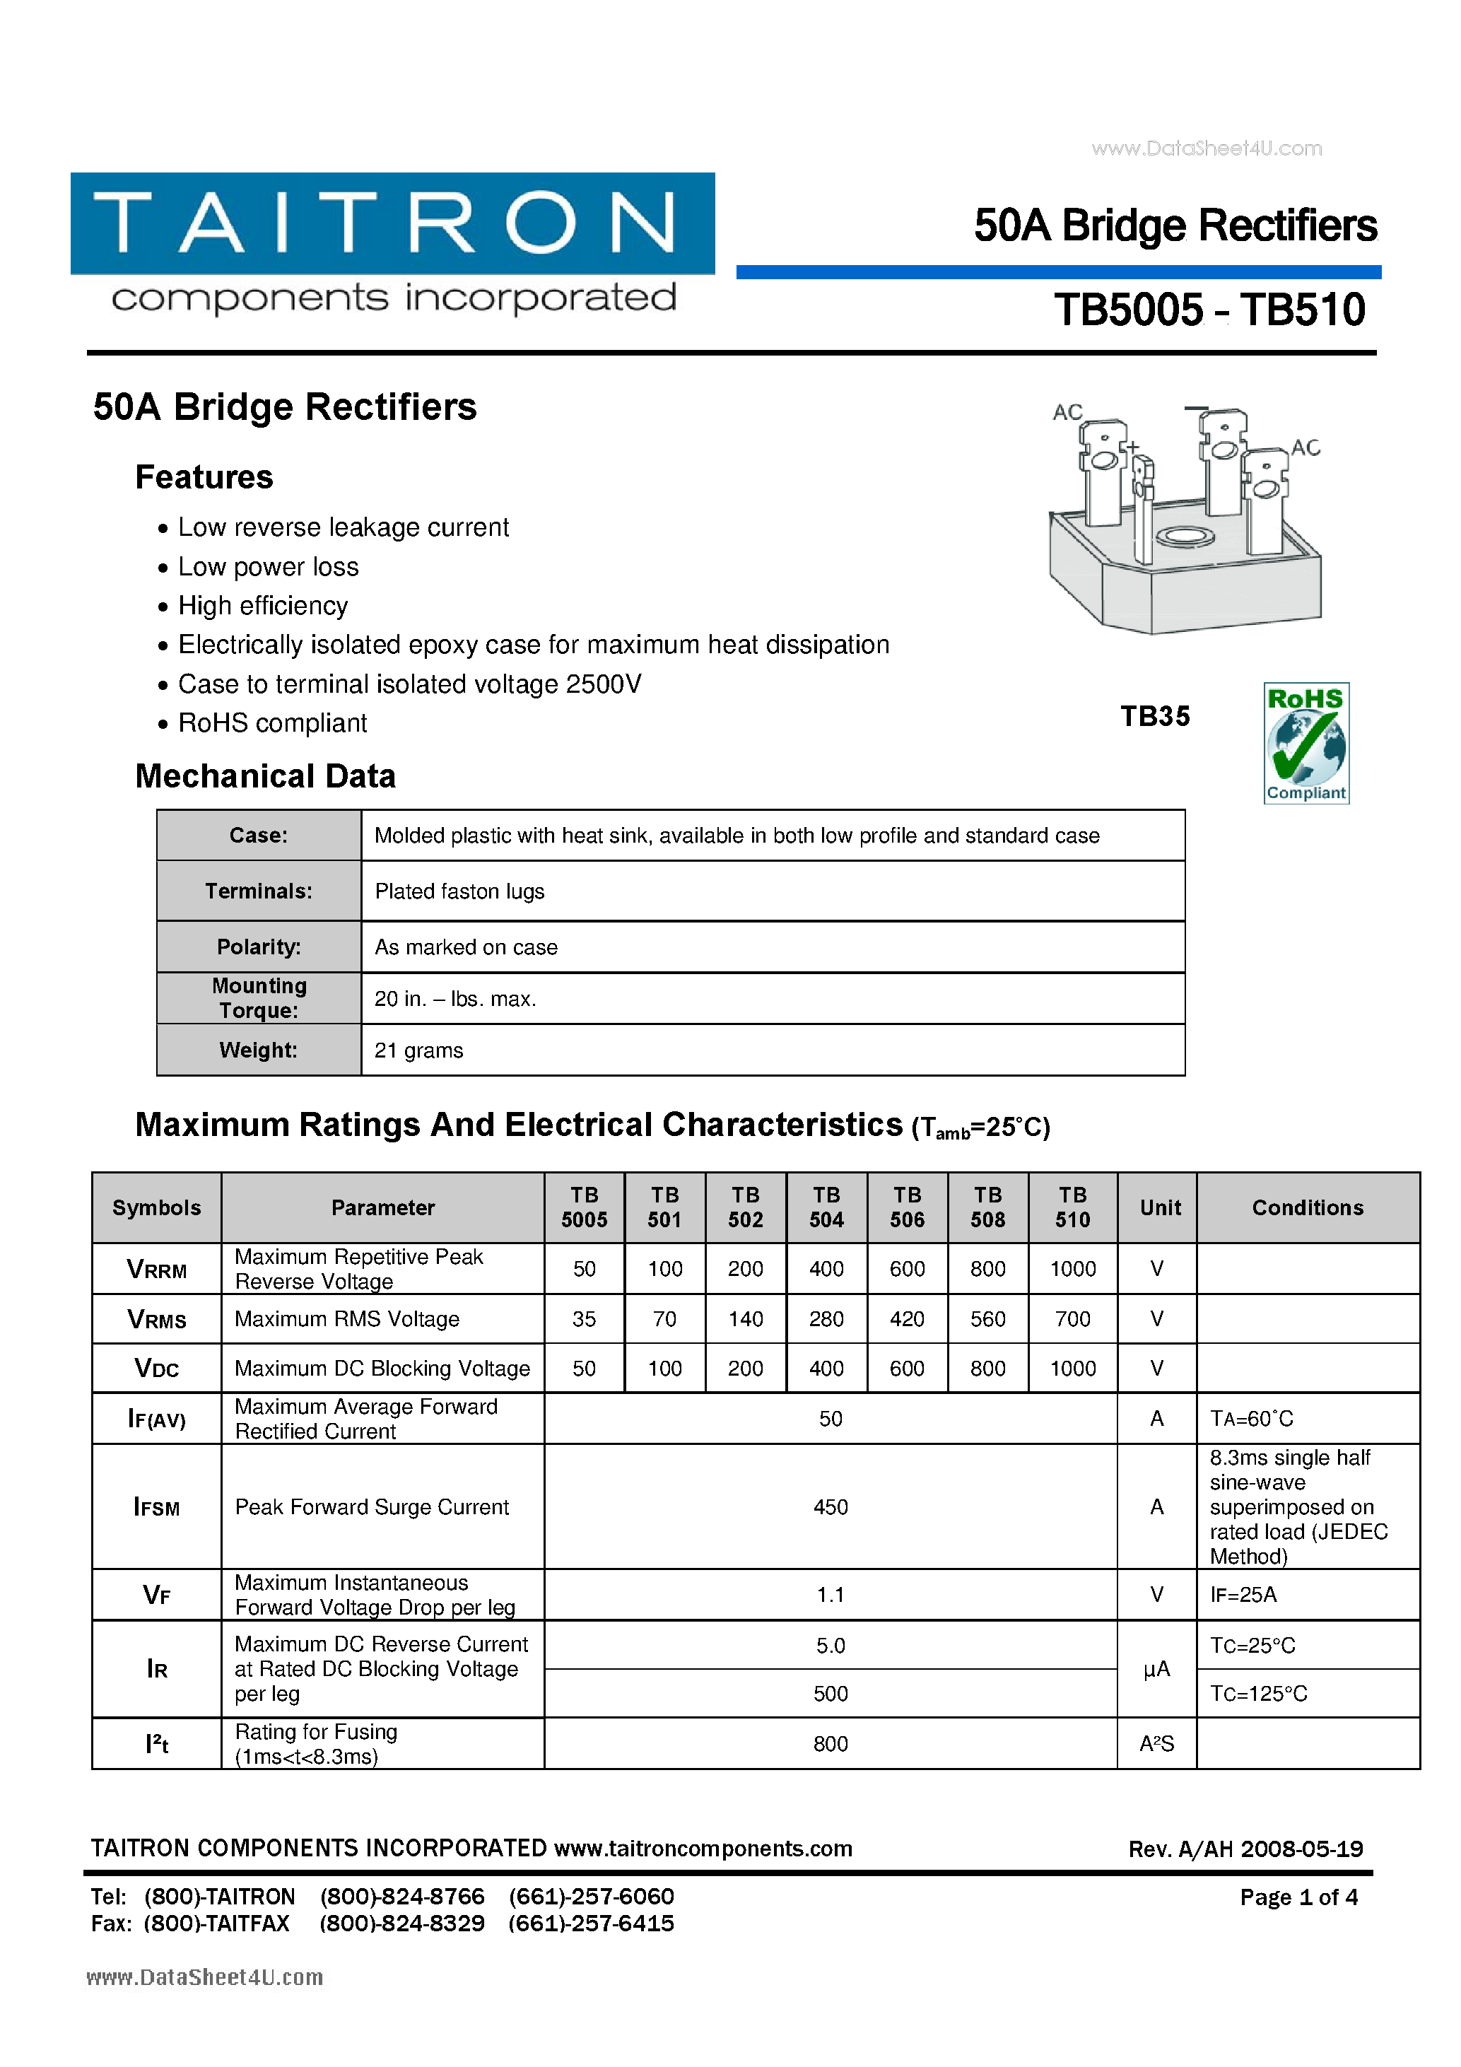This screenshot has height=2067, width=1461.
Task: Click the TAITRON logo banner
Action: (392, 223)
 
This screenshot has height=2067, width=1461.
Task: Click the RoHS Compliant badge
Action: (1305, 743)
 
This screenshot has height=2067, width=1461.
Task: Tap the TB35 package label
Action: (1155, 717)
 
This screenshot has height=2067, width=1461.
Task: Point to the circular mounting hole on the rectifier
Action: (1185, 537)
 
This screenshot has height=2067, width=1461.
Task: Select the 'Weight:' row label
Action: (259, 1050)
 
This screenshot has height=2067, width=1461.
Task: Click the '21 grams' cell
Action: (418, 1050)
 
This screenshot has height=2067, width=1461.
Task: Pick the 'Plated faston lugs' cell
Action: (459, 891)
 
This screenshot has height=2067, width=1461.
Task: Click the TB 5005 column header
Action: (585, 1207)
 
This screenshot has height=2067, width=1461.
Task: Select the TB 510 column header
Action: (1072, 1207)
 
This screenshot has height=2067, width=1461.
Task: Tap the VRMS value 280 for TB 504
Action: (826, 1319)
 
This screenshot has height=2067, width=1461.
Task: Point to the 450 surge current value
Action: (830, 1507)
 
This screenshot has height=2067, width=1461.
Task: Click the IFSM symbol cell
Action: (157, 1507)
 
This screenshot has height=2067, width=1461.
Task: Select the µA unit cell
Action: (1157, 1669)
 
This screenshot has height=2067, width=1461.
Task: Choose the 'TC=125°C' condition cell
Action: (1258, 1693)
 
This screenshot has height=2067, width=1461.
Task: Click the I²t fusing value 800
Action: (830, 1744)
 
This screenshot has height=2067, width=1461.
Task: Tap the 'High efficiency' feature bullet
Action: (263, 606)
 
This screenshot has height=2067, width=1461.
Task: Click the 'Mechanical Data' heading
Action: (266, 776)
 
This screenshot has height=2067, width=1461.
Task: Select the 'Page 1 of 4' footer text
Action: (1298, 1897)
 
